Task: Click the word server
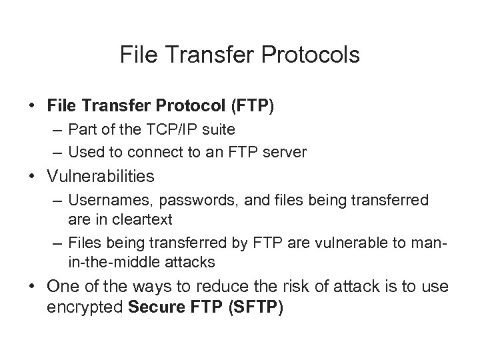[286, 152]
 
